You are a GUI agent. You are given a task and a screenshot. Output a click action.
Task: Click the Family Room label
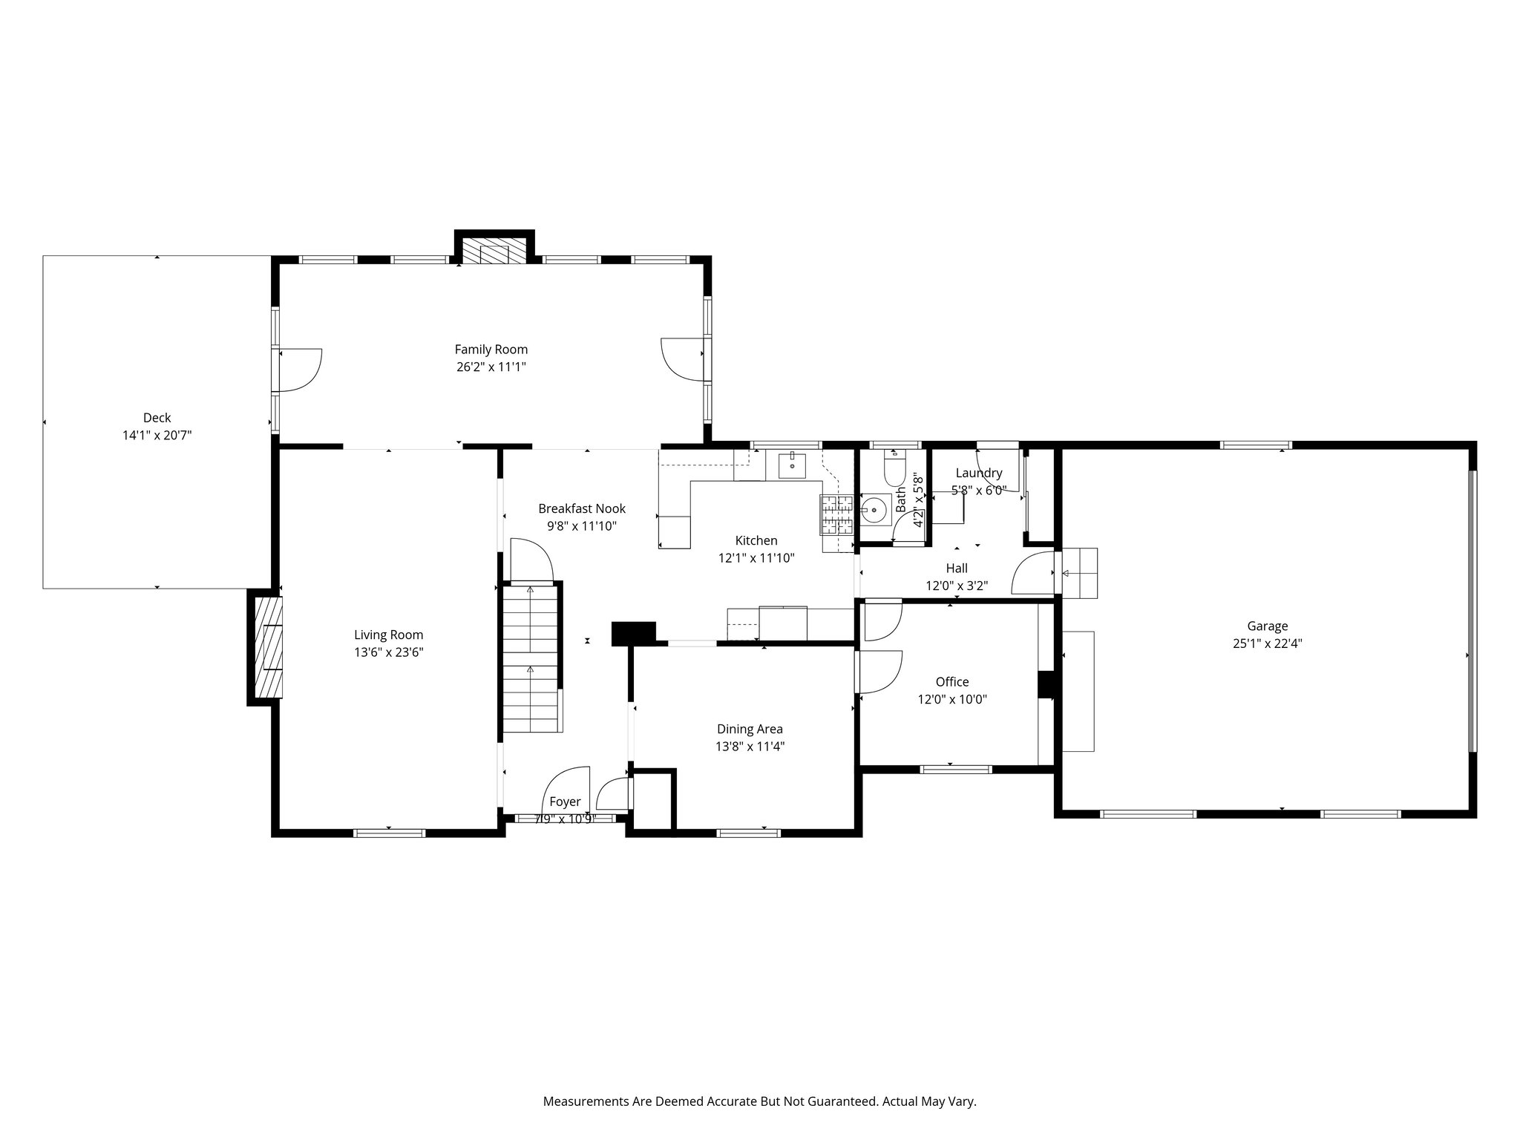point(491,350)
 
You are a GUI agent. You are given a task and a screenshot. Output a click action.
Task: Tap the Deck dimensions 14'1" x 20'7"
point(157,436)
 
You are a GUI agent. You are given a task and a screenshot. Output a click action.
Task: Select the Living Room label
point(388,635)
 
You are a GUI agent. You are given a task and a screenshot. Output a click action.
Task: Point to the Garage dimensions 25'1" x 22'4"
point(1267,644)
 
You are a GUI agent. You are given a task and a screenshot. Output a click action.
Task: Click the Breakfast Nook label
point(582,508)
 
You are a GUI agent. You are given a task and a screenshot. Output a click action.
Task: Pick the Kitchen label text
point(756,540)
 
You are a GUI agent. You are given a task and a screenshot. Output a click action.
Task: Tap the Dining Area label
point(750,729)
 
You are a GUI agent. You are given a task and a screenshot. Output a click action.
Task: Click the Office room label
point(952,681)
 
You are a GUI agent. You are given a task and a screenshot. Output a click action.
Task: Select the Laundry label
point(979,473)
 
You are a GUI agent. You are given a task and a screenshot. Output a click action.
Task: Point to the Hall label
point(957,568)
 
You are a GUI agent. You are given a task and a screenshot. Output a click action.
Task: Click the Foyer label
point(565,802)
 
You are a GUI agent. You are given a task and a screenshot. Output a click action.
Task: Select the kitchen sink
point(793,465)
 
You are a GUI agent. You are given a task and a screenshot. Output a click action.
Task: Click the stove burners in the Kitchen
point(838,515)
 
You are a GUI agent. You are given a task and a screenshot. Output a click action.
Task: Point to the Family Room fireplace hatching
point(494,251)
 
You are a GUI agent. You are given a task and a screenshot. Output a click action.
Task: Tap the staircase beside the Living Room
point(531,659)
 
